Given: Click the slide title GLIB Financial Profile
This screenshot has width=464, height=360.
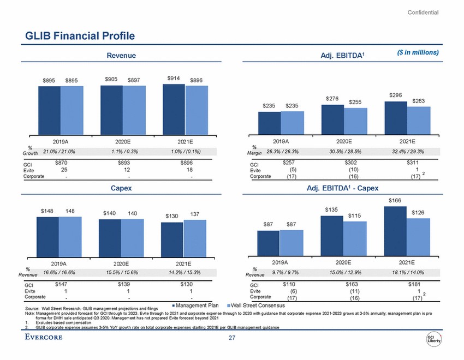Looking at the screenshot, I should (x=80, y=36).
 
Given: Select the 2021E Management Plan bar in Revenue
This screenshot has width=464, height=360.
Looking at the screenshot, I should (x=174, y=109).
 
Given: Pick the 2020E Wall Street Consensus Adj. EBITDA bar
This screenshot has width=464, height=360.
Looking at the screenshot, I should (x=356, y=121).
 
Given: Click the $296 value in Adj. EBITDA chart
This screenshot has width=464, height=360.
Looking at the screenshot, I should (x=396, y=94).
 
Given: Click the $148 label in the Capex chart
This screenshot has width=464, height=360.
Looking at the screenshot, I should (x=47, y=210).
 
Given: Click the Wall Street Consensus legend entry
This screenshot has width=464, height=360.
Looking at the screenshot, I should (x=253, y=305).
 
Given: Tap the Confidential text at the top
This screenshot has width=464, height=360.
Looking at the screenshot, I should (x=423, y=12).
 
